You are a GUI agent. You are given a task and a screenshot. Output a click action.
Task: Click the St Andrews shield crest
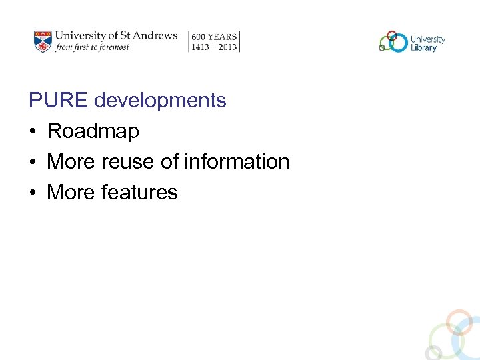[x=43, y=41]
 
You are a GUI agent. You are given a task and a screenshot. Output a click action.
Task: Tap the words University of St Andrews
[x=116, y=35]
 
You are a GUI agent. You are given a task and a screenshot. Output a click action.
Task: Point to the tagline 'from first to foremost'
[x=92, y=47]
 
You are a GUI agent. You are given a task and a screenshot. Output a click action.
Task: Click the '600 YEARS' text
[x=214, y=37]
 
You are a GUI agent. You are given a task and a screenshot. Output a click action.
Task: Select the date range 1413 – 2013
[x=214, y=47]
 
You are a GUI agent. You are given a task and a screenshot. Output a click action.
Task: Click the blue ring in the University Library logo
[x=398, y=43]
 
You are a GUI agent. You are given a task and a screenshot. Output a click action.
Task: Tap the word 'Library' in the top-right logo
[x=424, y=47]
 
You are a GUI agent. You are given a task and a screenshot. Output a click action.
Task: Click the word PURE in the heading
[x=58, y=101]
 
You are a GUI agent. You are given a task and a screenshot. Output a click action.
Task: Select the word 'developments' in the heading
[x=160, y=101]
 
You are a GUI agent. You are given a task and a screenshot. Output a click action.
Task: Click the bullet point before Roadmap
[x=33, y=131]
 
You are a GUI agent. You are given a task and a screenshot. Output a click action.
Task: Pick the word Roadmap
[x=93, y=131]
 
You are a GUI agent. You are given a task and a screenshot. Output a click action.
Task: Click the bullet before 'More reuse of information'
[x=33, y=162]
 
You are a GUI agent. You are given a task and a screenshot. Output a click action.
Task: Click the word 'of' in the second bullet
[x=172, y=162]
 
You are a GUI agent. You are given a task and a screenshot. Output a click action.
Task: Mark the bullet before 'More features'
[x=33, y=193]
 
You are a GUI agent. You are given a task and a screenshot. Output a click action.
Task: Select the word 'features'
[x=139, y=193]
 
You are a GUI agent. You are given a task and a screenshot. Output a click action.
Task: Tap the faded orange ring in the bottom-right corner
[x=459, y=321]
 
